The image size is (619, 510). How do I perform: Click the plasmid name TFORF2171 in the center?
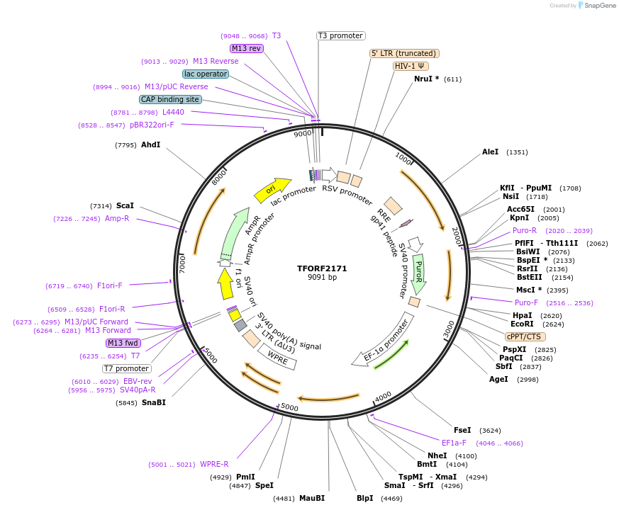coord(322,268)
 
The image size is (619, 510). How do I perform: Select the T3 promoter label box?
coord(340,35)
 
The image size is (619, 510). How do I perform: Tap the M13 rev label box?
coord(246,48)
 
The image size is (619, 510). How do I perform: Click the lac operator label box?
coord(205,74)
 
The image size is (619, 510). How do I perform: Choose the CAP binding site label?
coord(170,99)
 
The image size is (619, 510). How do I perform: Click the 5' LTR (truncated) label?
coord(405,53)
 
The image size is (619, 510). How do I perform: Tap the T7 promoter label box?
coord(127,368)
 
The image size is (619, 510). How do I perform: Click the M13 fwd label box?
coord(123,343)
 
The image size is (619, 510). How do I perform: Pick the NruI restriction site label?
coord(426,79)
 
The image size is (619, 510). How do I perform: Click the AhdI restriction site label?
coord(150,144)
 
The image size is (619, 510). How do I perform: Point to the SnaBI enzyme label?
coord(154,402)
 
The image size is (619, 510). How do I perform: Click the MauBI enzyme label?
coord(311,498)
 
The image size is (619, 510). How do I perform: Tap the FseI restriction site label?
coord(462,430)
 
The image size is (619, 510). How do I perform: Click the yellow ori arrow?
coord(272,189)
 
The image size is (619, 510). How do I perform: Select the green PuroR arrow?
coord(418,271)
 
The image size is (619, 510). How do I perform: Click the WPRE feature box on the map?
coord(278,356)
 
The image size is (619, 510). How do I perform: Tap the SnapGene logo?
coord(597,5)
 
